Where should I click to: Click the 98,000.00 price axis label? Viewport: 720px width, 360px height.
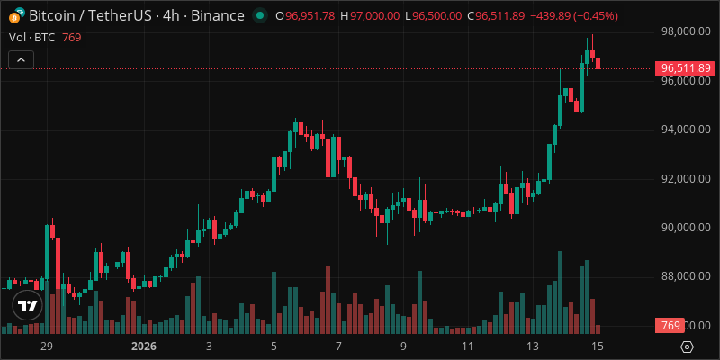[x=685, y=31]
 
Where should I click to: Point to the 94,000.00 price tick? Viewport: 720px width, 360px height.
[x=685, y=129]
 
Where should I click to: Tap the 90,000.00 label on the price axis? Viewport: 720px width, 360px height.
[x=685, y=227]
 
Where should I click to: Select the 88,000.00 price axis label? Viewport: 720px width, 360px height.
[x=685, y=276]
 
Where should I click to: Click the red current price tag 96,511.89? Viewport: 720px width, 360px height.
[x=686, y=68]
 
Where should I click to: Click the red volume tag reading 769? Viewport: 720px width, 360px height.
[x=670, y=325]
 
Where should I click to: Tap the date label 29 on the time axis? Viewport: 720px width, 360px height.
[x=48, y=346]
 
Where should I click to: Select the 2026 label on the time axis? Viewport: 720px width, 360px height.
[x=144, y=346]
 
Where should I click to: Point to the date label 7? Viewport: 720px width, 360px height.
[x=338, y=346]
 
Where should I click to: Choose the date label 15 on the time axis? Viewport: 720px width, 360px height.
[x=597, y=346]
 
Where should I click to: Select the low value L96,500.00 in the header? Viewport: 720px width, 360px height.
[x=433, y=16]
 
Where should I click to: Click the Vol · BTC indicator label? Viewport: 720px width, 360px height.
[x=31, y=37]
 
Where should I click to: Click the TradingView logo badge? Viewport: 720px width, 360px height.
[x=28, y=306]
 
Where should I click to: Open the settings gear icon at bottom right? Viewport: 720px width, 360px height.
[x=687, y=346]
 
